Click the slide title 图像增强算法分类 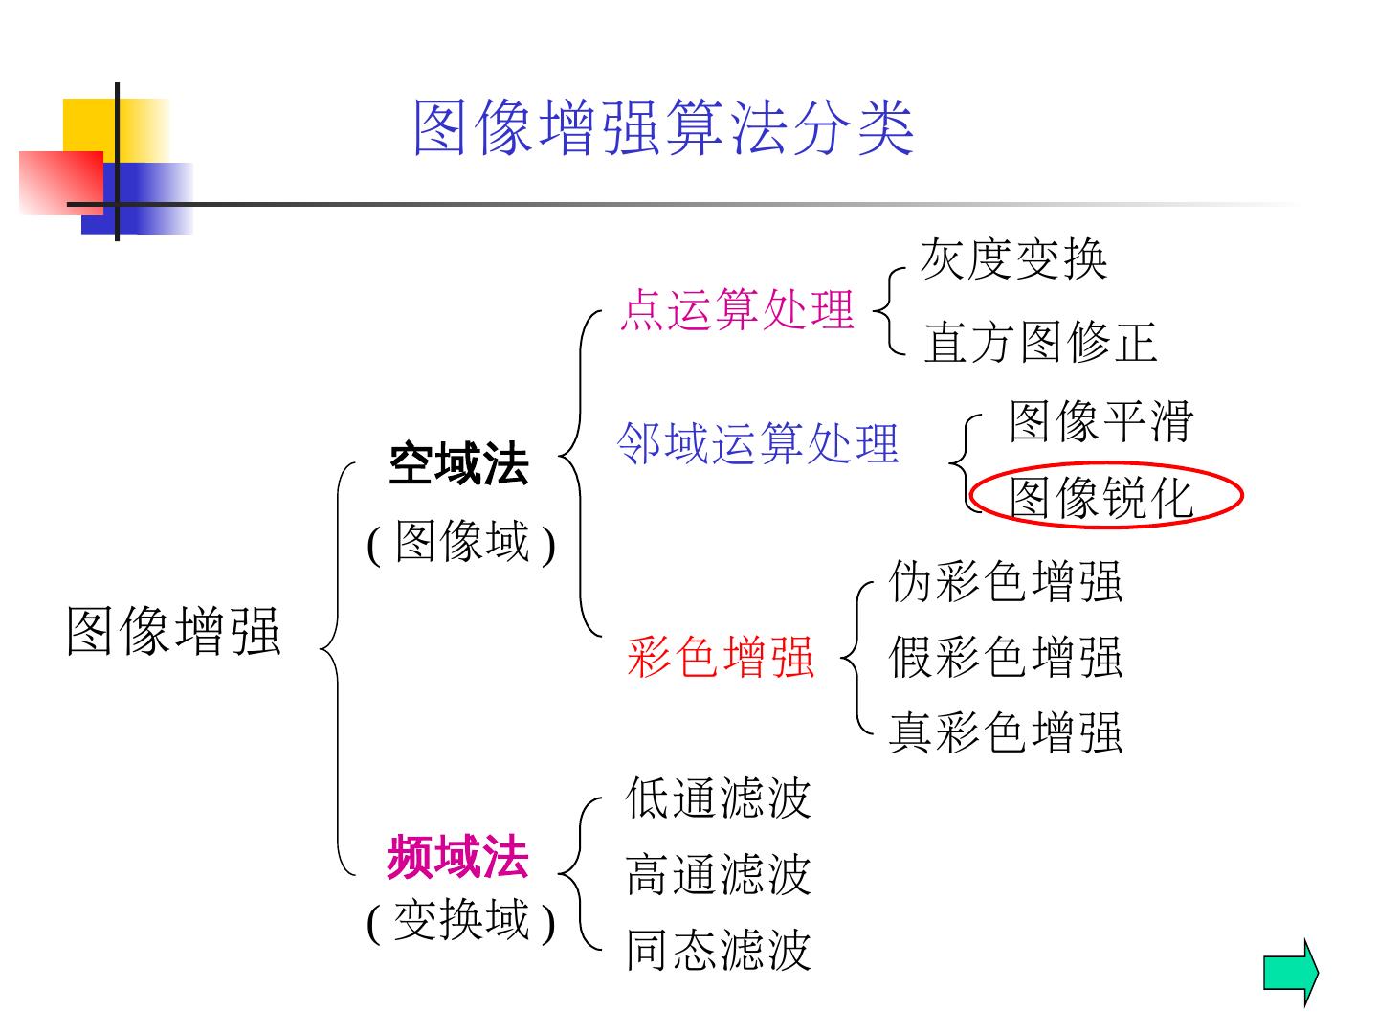pos(663,127)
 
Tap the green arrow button pos(1290,972)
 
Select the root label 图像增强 pos(173,631)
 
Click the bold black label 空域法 pos(458,465)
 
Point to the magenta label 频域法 pos(457,857)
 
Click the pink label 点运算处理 pos(736,309)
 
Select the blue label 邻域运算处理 pos(758,443)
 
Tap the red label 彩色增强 pos(721,657)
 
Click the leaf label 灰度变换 pos(1013,258)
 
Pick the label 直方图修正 pos(1040,342)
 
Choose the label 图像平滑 pos(1101,421)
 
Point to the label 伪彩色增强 pos(1005,581)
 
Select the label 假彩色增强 pos(1005,657)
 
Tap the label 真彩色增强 pos(1005,732)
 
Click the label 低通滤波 pos(718,798)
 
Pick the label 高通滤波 pos(718,874)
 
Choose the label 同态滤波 pos(718,950)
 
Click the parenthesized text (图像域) pos(461,543)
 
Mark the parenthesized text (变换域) pos(461,921)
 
